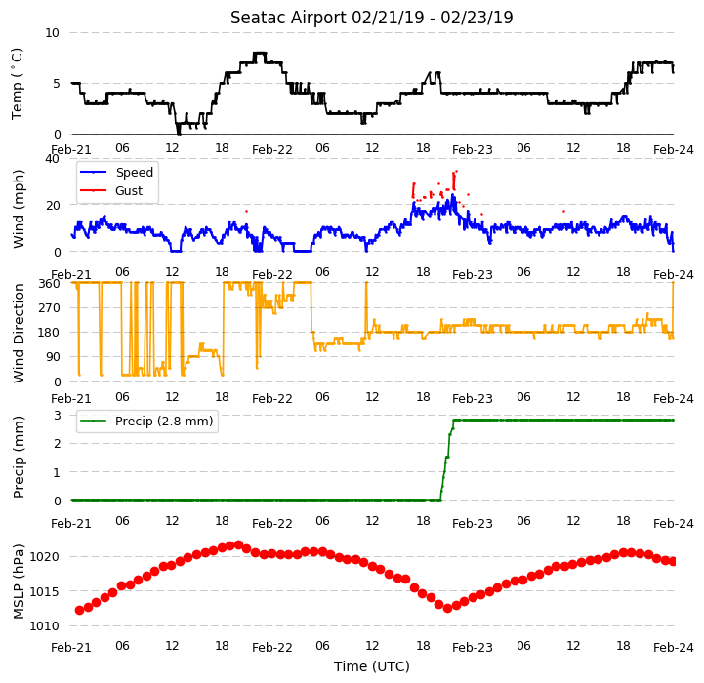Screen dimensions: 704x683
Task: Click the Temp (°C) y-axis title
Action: (x=17, y=84)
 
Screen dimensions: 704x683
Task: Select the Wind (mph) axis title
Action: (x=18, y=209)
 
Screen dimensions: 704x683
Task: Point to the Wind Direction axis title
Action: (x=18, y=333)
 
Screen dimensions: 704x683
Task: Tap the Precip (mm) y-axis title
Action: (x=18, y=457)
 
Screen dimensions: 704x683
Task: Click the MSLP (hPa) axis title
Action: (x=18, y=582)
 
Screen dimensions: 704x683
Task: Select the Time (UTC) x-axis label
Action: (x=372, y=666)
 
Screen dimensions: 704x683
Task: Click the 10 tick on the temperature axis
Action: (x=52, y=33)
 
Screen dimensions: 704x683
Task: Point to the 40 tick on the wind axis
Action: (x=52, y=159)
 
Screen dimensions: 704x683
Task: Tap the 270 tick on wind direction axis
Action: (x=50, y=308)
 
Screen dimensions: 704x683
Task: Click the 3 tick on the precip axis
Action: (x=57, y=415)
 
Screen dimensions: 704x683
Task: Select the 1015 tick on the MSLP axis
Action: (x=45, y=592)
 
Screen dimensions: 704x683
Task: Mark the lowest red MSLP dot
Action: (x=447, y=609)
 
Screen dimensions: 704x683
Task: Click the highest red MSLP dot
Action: (x=239, y=544)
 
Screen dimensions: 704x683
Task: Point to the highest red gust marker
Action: (x=456, y=171)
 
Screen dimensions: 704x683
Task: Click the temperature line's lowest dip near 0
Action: (x=179, y=133)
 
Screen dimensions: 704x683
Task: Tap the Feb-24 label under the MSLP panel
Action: (x=674, y=647)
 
